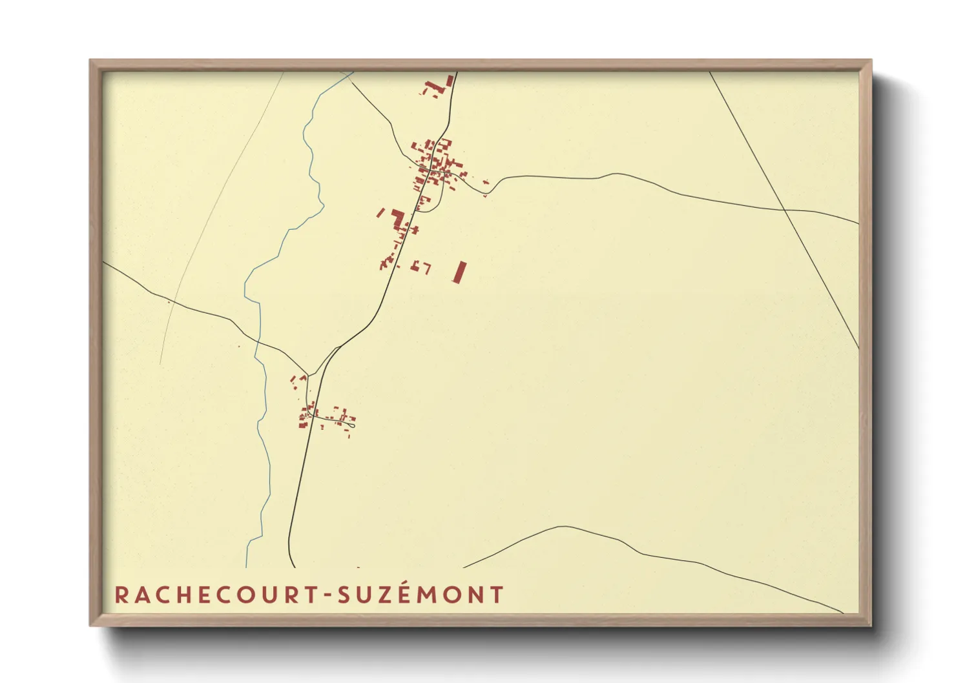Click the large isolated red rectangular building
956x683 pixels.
tap(459, 272)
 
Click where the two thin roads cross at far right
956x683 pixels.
tap(784, 210)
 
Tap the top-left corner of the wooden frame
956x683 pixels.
tap(92, 62)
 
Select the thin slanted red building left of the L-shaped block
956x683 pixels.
tap(380, 212)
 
